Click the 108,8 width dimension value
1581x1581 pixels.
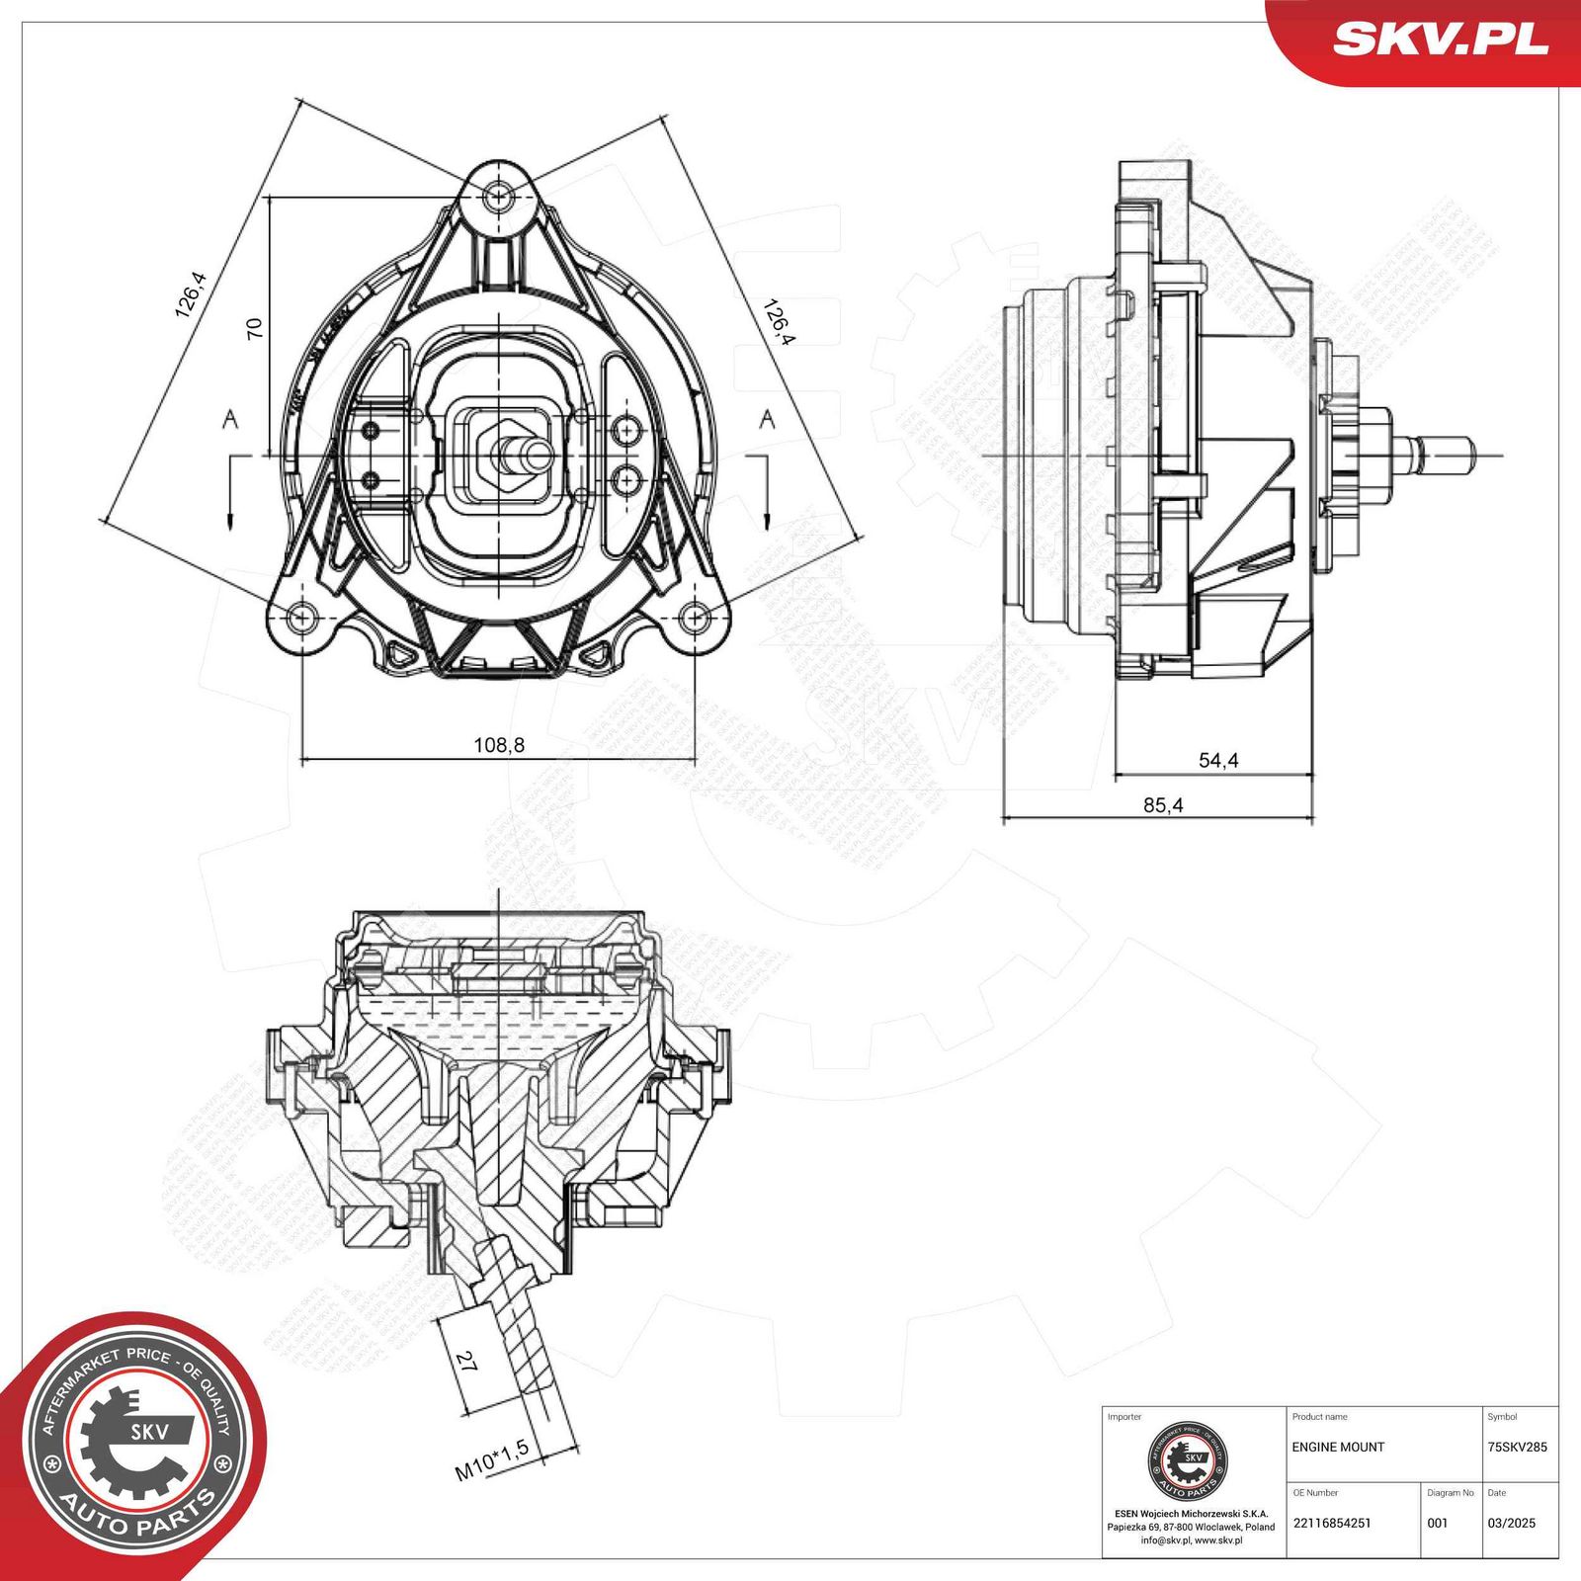pos(499,745)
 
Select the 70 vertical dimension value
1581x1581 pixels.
pos(254,328)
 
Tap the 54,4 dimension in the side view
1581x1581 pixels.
pos(1218,760)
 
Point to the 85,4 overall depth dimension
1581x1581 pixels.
pos(1163,805)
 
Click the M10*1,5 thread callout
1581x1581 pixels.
pos(491,1460)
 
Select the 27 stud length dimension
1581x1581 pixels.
pos(465,1363)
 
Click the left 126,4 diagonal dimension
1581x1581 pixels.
pos(190,294)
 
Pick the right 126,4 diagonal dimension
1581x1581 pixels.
pos(778,322)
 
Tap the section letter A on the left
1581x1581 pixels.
pos(230,420)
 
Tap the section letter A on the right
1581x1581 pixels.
pos(767,420)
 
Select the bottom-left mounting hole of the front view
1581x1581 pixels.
pos(300,618)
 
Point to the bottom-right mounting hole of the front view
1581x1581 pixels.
pos(697,618)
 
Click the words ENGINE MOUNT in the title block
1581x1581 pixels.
pos(1338,1447)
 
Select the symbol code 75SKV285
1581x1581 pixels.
pos(1517,1447)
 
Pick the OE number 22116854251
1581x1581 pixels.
pos(1331,1523)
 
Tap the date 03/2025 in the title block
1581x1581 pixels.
pos(1511,1523)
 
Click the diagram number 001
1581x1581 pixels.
pos(1437,1523)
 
